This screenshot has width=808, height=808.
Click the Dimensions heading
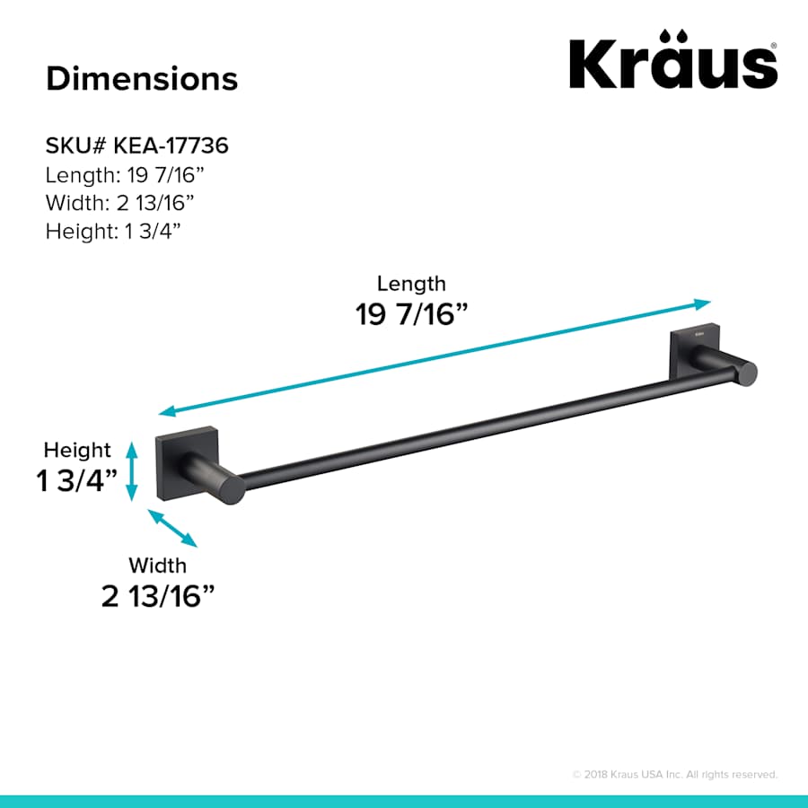(x=142, y=78)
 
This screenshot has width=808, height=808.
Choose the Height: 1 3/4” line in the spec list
(x=114, y=231)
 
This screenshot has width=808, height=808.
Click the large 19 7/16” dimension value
(x=412, y=315)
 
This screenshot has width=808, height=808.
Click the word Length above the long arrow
(x=411, y=284)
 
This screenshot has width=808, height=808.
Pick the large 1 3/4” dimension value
(x=77, y=481)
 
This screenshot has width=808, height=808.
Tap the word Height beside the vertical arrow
(x=77, y=450)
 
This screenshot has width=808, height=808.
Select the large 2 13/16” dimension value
(x=158, y=596)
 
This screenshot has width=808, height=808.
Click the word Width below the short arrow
(x=158, y=566)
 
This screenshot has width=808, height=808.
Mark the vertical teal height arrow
(x=132, y=471)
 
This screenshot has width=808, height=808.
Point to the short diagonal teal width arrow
(x=172, y=528)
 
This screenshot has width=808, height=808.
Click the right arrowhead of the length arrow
(x=703, y=303)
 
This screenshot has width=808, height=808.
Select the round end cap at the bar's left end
(x=233, y=487)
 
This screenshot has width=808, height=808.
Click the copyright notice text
(x=674, y=774)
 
